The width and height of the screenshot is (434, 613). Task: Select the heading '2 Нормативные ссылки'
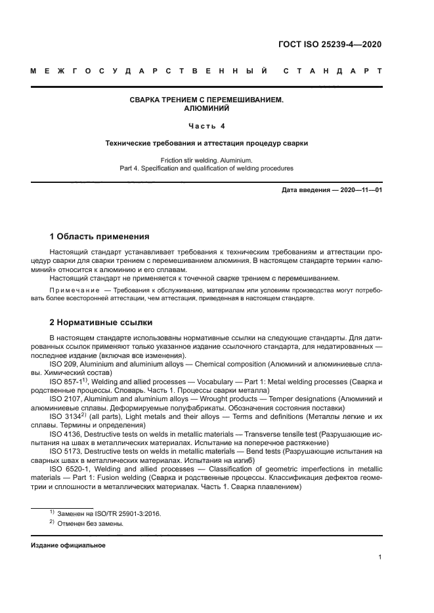[101, 323]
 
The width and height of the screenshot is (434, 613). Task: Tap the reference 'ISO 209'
[63, 363]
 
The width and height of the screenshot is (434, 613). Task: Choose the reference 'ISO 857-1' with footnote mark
[66, 380]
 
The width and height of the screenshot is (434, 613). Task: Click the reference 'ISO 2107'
[65, 399]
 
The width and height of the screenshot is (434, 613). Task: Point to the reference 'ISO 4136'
[65, 434]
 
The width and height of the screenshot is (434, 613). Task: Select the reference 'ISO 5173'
[65, 452]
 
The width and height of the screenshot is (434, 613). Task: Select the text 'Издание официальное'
[68, 545]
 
